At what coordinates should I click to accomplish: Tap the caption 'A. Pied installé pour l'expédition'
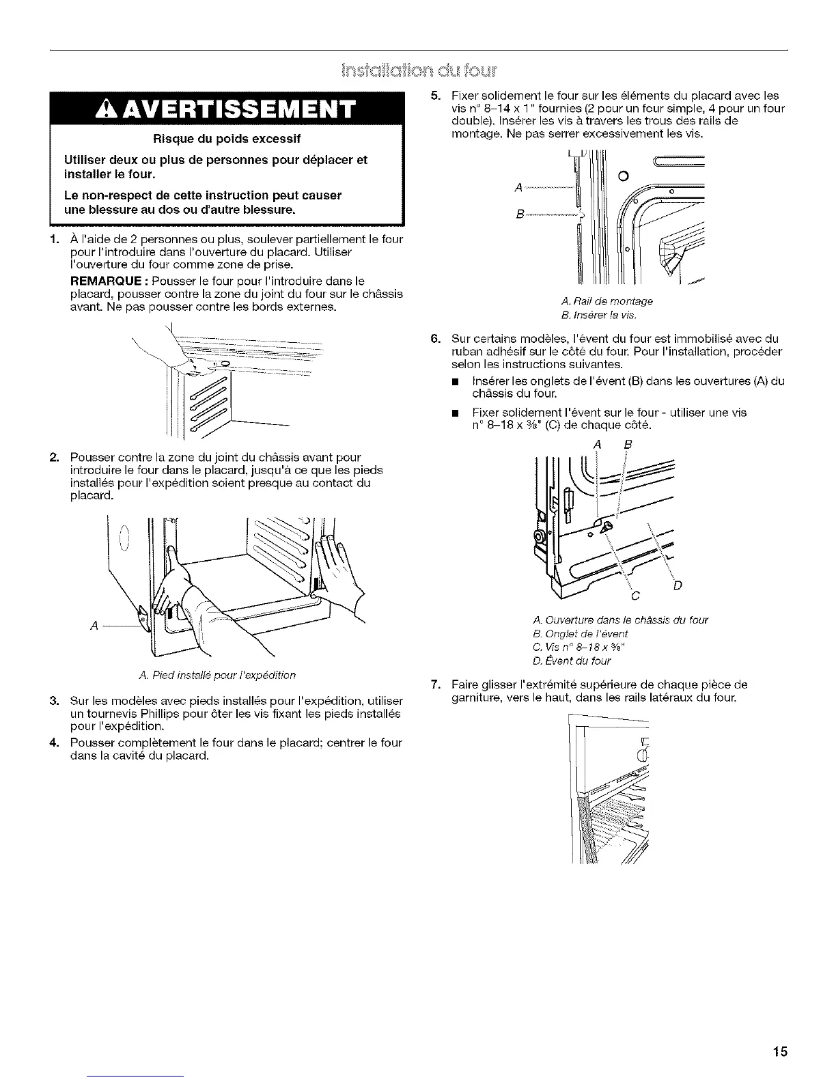click(198, 676)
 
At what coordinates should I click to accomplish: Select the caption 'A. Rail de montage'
click(607, 301)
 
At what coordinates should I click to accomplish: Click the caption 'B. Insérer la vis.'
click(599, 315)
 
